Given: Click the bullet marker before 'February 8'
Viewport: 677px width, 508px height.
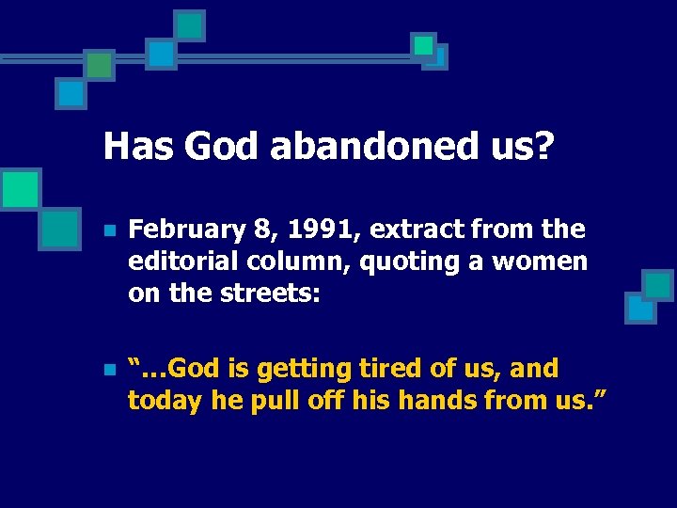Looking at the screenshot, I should coord(110,230).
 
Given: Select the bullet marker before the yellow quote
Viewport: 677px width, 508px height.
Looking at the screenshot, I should coord(110,369).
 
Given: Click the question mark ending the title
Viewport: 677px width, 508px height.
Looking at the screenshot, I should coord(543,146).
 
